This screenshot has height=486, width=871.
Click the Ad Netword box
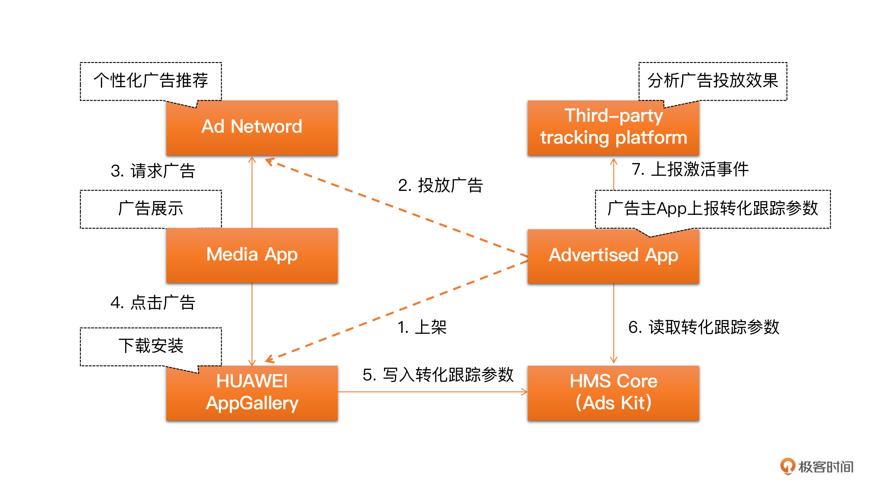tap(252, 127)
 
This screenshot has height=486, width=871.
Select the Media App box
tap(252, 255)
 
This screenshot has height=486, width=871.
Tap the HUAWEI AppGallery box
tap(252, 393)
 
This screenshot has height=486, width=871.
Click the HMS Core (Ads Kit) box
tap(613, 393)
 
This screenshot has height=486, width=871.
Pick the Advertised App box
tap(613, 256)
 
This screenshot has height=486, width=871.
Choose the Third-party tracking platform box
tap(613, 127)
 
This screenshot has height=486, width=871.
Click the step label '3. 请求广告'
tap(153, 171)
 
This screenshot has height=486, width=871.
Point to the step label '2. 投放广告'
tap(440, 185)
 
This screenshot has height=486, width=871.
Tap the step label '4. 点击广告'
tap(153, 303)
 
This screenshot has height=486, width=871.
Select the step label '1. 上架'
tap(422, 327)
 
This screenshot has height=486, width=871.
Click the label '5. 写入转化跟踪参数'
tap(438, 375)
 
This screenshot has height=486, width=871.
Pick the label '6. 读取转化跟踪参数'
tap(704, 327)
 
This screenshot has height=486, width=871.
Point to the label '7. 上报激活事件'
tap(690, 169)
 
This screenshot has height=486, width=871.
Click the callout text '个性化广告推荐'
tap(151, 81)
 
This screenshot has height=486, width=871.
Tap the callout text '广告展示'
tap(151, 208)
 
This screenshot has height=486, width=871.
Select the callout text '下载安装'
tap(151, 345)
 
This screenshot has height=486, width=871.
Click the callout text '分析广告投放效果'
tap(713, 81)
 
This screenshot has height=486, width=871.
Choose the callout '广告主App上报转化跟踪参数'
tap(713, 208)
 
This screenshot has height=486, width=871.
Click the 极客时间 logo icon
tap(787, 466)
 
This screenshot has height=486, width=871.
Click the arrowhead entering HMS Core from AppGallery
tap(525, 392)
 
